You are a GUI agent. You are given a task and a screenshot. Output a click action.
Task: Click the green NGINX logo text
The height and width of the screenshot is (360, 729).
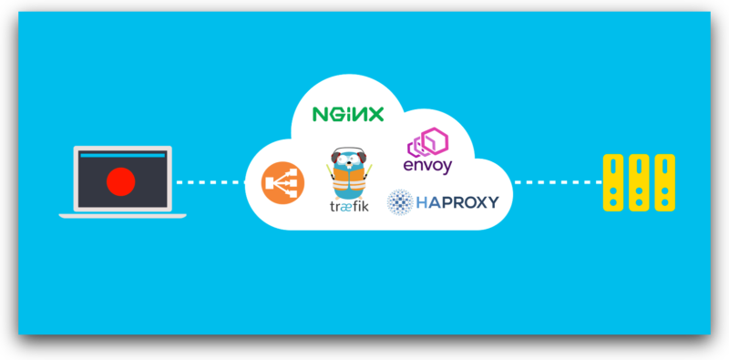coord(347,114)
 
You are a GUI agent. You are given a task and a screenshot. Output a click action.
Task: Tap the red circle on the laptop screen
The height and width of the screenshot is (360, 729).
coord(120,182)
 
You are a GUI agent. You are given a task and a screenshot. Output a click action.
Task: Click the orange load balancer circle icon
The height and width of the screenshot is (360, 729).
coord(282,182)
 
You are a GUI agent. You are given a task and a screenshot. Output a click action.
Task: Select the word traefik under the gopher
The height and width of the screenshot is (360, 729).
coord(350,206)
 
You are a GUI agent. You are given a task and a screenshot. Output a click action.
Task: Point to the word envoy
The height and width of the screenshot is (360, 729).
coord(427,166)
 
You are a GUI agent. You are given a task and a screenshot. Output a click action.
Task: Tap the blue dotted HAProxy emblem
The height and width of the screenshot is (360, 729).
coord(400,201)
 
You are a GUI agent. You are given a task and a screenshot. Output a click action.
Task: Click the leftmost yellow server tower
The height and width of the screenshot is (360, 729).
coord(614,182)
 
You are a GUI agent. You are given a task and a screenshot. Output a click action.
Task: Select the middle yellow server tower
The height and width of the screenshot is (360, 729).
coord(640,182)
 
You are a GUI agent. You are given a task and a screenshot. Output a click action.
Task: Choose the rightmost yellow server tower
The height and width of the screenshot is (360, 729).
coord(665,182)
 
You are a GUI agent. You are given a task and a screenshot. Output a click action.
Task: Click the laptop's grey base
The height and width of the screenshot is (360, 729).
coord(122,216)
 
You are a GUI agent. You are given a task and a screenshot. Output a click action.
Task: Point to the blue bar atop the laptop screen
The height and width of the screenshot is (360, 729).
coord(122,156)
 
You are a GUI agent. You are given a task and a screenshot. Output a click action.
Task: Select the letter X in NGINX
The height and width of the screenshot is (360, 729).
coord(375,114)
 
